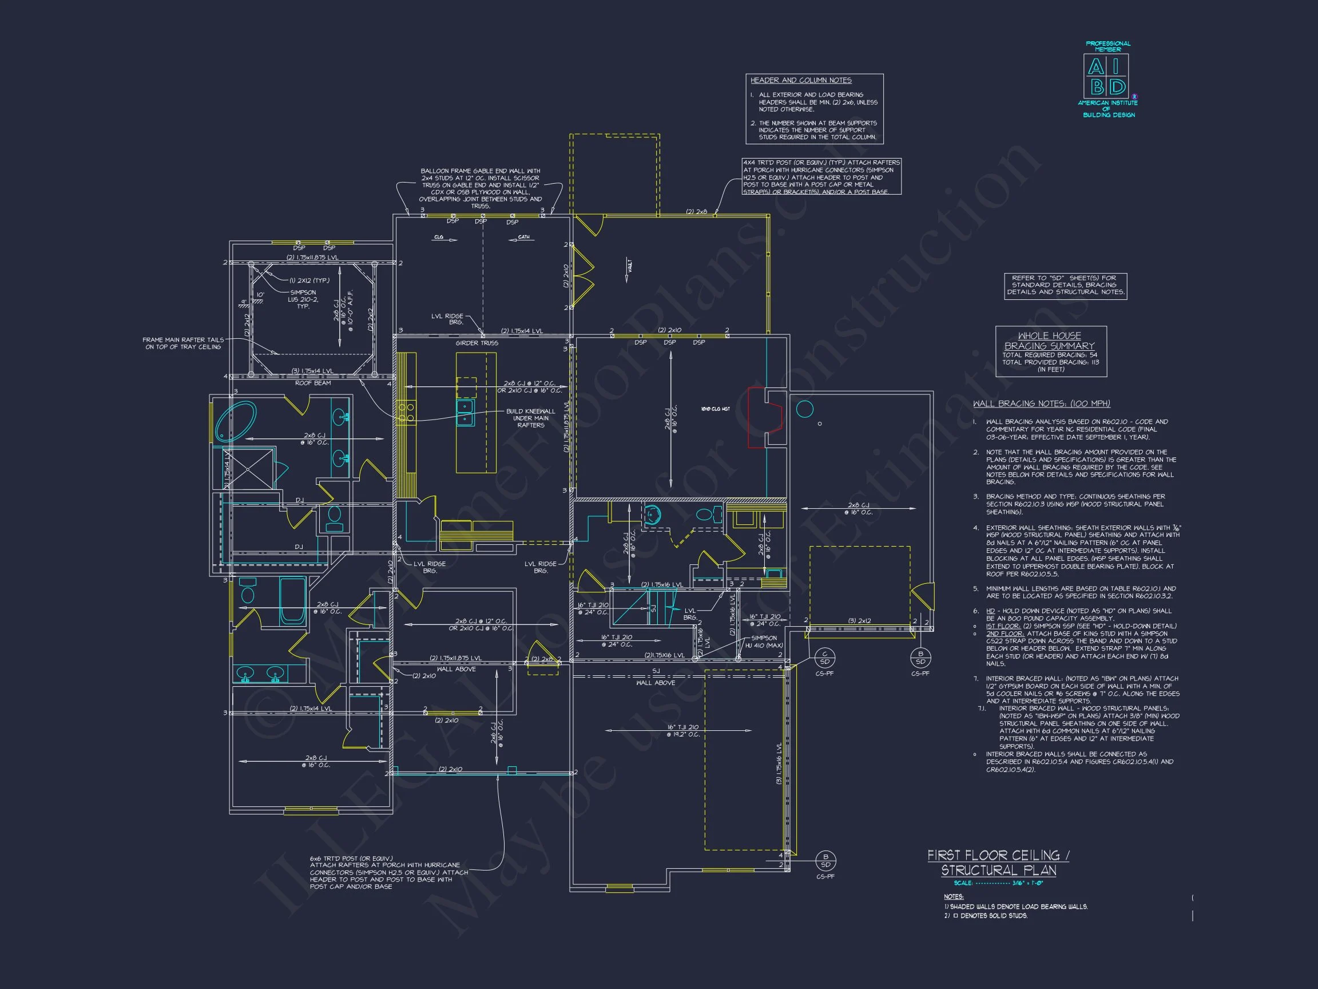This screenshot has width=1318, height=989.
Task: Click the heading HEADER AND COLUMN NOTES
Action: pos(800,81)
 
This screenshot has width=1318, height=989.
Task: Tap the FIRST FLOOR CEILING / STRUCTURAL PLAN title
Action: pos(998,863)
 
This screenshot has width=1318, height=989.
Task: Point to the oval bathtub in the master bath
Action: pos(235,421)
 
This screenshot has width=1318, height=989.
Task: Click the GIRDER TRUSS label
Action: pos(477,343)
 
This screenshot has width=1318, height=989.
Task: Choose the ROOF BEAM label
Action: pos(313,383)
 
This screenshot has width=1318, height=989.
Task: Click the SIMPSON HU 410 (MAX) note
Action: pos(764,642)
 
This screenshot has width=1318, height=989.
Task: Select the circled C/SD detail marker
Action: pos(825,658)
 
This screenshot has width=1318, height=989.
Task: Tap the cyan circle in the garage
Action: pos(804,409)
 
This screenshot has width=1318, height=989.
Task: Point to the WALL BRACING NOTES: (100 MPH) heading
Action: pos(1041,403)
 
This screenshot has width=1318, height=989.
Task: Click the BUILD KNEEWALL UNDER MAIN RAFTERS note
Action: pos(530,418)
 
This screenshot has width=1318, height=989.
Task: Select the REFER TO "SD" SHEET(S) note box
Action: pos(1065,286)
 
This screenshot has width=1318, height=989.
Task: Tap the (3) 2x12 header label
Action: pos(859,621)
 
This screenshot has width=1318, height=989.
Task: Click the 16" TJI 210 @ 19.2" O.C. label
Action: pos(682,731)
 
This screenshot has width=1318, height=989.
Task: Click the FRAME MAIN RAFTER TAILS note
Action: pos(183,343)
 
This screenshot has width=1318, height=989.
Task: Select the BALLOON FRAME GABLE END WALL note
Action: pos(481,188)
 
